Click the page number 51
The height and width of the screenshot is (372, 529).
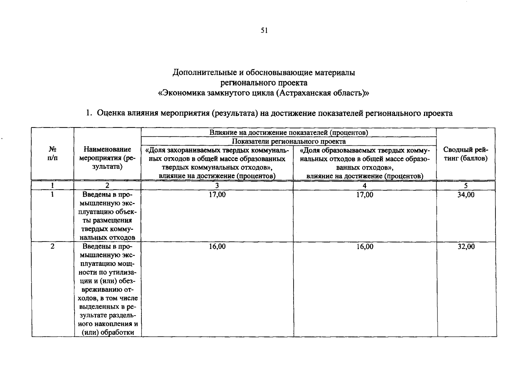point(264,30)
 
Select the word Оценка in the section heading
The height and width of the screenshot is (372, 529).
point(110,113)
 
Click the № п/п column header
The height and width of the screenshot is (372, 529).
point(52,154)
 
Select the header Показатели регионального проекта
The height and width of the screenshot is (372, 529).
point(289,141)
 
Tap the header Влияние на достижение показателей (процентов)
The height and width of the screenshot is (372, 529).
point(289,133)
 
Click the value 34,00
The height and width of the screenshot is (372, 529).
point(466,195)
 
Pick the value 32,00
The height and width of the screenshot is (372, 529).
point(466,246)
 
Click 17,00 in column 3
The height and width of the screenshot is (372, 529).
point(217,195)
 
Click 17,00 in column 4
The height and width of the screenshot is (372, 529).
point(365,195)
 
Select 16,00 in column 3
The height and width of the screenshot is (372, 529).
point(217,246)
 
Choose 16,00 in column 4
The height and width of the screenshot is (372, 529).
point(365,246)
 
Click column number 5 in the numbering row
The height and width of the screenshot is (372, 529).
point(466,186)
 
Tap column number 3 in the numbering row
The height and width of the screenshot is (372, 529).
point(217,186)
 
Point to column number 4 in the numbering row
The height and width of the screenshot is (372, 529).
point(365,186)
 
